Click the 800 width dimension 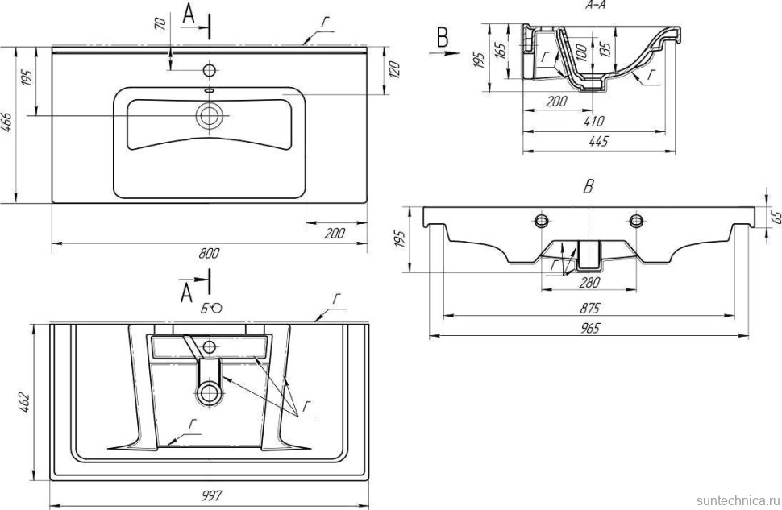209,252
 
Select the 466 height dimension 7,125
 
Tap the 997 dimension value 210,494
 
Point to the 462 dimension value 23,400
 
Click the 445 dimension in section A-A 597,142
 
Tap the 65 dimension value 777,216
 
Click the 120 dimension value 393,69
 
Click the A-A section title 597,5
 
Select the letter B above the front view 589,187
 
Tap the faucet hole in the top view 209,70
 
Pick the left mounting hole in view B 541,220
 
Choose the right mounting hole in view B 637,220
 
